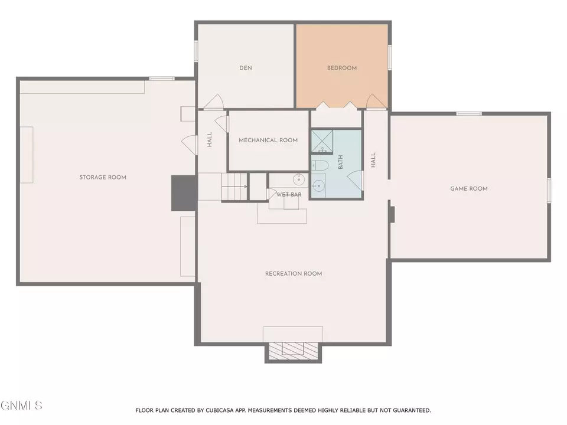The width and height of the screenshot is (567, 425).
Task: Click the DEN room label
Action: click(x=246, y=68)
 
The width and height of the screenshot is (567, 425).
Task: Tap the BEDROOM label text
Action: click(x=342, y=68)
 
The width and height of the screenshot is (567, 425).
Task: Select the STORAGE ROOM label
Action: click(x=103, y=178)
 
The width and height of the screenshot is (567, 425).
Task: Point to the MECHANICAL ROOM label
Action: click(x=268, y=140)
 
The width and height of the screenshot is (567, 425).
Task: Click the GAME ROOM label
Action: click(x=468, y=189)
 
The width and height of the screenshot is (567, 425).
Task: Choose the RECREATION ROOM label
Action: click(x=294, y=274)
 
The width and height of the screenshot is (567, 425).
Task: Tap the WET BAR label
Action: click(x=289, y=195)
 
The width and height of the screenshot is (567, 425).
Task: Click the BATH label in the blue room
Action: click(x=340, y=162)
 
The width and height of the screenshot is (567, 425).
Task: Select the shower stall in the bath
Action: click(x=322, y=142)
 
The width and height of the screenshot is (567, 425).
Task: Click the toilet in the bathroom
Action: click(x=320, y=165)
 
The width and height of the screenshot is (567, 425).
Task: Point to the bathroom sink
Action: click(x=318, y=186)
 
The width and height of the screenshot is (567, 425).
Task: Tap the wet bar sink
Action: click(x=299, y=179)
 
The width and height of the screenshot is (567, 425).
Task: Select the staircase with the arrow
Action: click(x=234, y=187)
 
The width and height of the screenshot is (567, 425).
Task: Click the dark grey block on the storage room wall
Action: click(x=184, y=193)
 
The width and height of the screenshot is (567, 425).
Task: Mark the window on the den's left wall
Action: click(x=196, y=51)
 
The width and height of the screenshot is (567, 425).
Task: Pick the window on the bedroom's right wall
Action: click(x=390, y=57)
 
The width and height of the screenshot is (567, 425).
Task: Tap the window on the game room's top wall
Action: click(x=469, y=114)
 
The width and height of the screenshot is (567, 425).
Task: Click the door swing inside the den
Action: click(x=214, y=102)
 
